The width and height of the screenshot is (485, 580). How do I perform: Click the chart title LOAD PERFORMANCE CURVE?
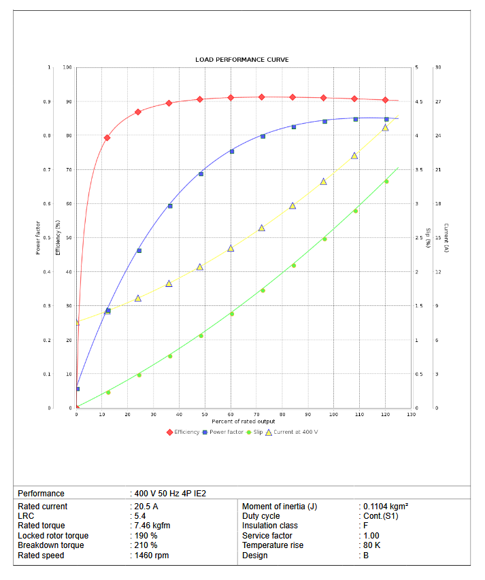click(x=241, y=60)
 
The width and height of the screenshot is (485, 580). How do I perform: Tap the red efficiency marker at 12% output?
click(x=107, y=138)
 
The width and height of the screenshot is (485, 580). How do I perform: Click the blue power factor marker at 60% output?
click(x=232, y=152)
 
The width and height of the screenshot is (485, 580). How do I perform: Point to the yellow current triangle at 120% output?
click(x=385, y=127)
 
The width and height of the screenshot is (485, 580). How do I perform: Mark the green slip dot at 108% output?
click(x=355, y=211)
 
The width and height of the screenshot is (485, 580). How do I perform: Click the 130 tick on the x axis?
click(x=411, y=414)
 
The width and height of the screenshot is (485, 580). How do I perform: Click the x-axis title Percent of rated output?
click(x=243, y=422)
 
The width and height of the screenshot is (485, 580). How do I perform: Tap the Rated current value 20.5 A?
click(x=146, y=507)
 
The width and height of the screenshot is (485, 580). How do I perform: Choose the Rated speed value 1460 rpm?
click(x=151, y=556)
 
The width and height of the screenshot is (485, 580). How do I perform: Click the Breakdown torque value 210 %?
click(x=146, y=545)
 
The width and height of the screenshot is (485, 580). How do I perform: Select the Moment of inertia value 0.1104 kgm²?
click(x=385, y=507)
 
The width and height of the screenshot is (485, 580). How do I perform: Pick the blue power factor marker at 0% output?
click(x=78, y=389)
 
